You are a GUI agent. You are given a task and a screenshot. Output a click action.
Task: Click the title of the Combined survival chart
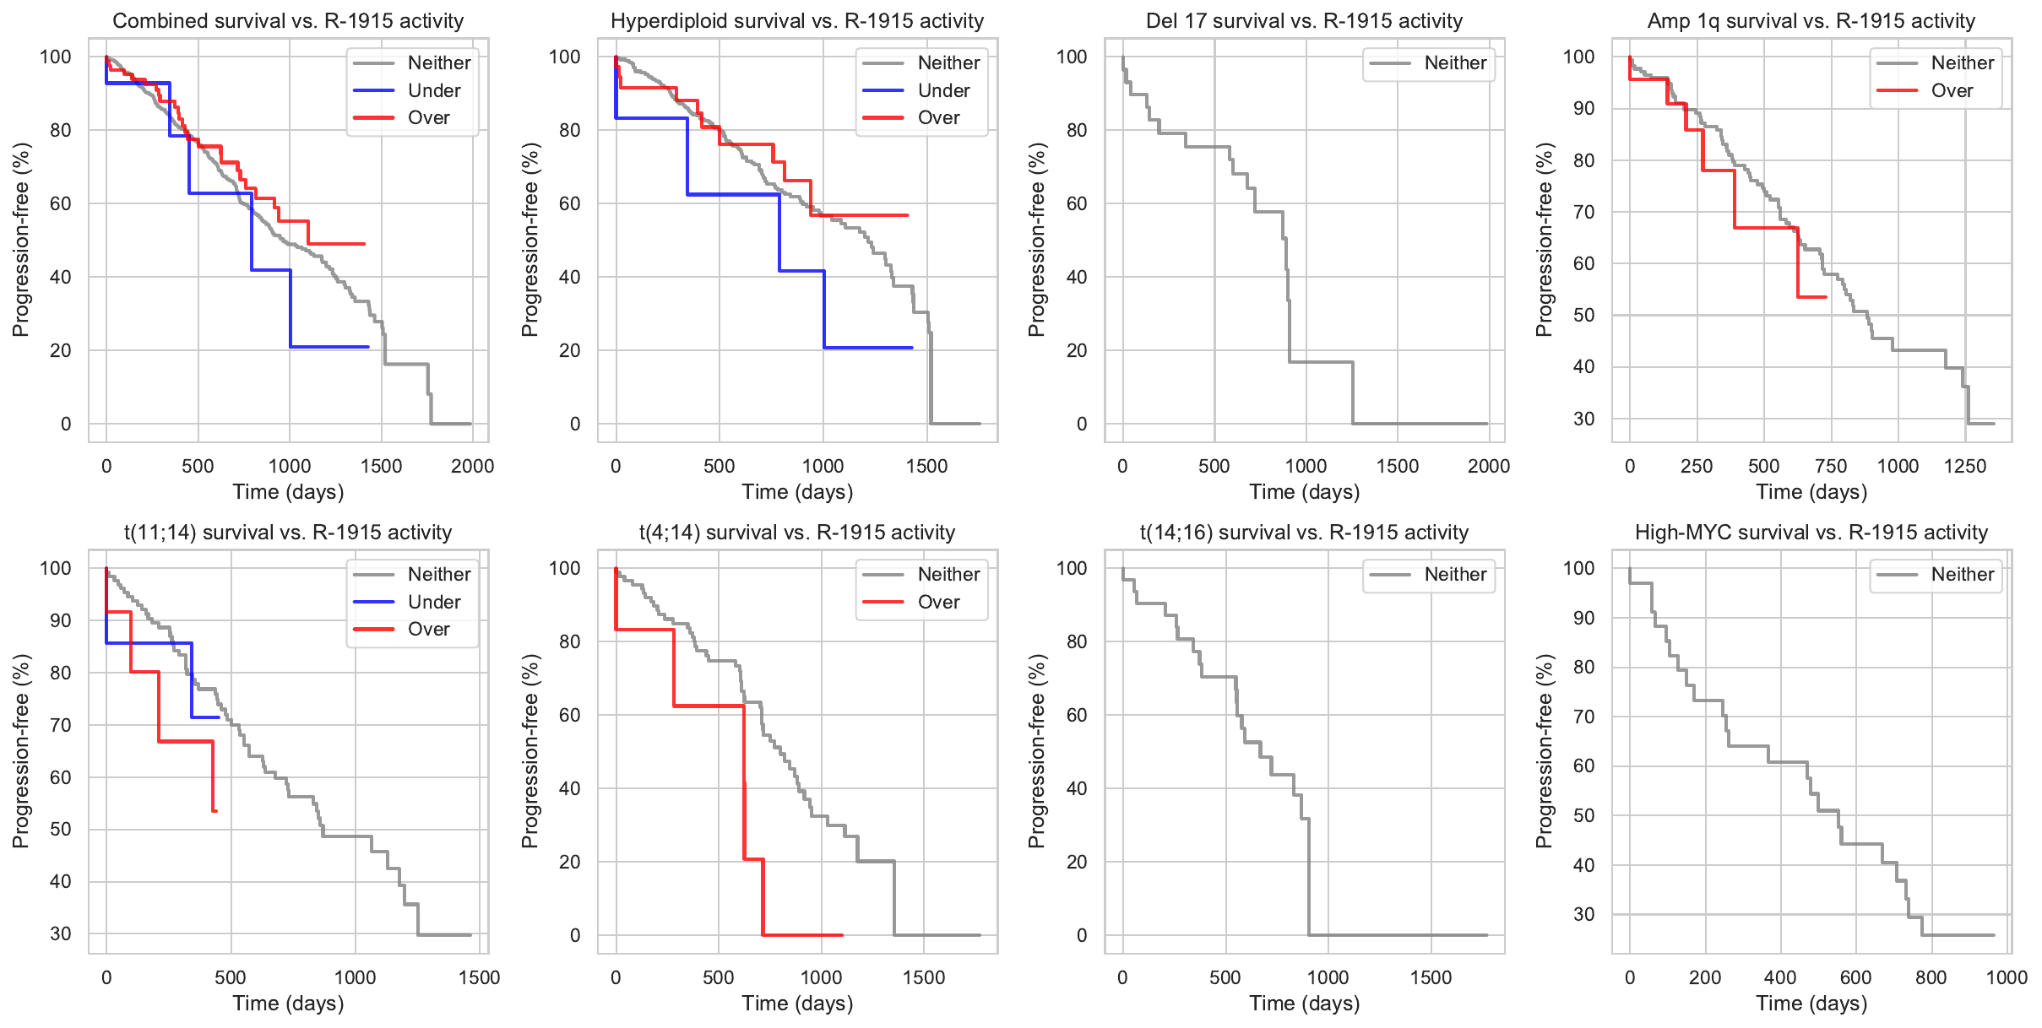pyautogui.click(x=288, y=21)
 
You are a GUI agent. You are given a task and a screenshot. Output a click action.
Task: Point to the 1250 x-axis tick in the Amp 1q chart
pyautogui.click(x=1965, y=466)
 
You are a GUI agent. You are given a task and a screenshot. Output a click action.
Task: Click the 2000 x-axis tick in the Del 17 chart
pyautogui.click(x=1489, y=466)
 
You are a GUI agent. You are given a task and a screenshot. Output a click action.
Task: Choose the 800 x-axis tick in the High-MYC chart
pyautogui.click(x=1931, y=977)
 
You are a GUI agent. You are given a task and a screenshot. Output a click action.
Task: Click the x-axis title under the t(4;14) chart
pyautogui.click(x=797, y=1004)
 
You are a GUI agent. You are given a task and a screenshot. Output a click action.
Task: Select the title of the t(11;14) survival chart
pyautogui.click(x=288, y=533)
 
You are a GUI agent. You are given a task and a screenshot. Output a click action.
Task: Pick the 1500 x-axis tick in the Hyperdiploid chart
pyautogui.click(x=926, y=466)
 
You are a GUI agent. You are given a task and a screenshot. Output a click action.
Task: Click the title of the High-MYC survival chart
pyautogui.click(x=1811, y=533)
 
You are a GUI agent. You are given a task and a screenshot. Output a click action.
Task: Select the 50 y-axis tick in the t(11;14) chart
pyautogui.click(x=61, y=829)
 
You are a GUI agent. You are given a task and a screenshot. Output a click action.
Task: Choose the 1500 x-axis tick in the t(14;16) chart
pyautogui.click(x=1431, y=977)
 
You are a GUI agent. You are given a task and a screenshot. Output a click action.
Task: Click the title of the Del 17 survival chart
pyautogui.click(x=1304, y=21)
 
